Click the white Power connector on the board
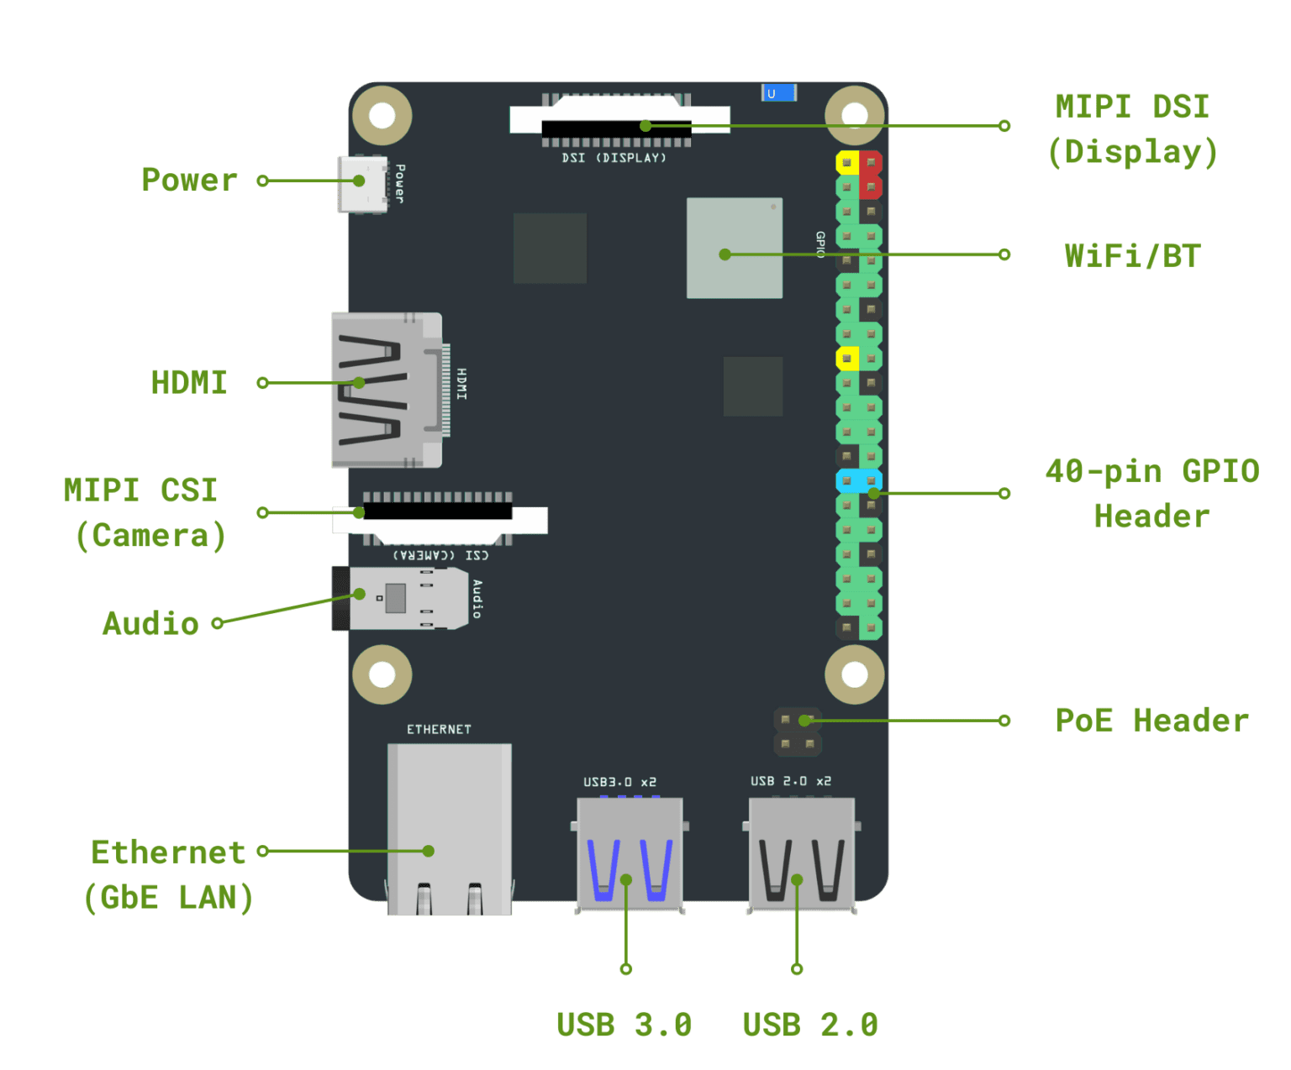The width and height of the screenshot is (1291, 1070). pyautogui.click(x=362, y=184)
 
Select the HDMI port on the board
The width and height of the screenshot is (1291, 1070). pyautogui.click(x=386, y=391)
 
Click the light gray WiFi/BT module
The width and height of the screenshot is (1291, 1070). pyautogui.click(x=734, y=248)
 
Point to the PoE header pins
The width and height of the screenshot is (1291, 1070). pyautogui.click(x=797, y=732)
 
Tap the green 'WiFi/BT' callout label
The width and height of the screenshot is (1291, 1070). pyautogui.click(x=1132, y=255)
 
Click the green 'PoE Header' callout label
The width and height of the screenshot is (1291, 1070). pyautogui.click(x=1151, y=721)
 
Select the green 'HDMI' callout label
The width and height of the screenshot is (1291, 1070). pyautogui.click(x=189, y=383)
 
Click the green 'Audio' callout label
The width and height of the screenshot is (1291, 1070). pyautogui.click(x=151, y=623)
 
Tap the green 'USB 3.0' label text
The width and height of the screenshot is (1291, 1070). pyautogui.click(x=624, y=1025)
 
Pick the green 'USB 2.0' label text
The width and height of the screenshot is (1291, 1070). pyautogui.click(x=810, y=1025)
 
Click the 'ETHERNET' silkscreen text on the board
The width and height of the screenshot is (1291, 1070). pyautogui.click(x=439, y=729)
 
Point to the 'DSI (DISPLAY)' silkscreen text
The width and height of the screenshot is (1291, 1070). pyautogui.click(x=614, y=158)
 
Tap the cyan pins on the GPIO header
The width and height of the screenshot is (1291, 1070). pyautogui.click(x=858, y=481)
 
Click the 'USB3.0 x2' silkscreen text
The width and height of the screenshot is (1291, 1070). pyautogui.click(x=619, y=782)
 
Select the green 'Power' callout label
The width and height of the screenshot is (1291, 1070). pyautogui.click(x=190, y=180)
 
